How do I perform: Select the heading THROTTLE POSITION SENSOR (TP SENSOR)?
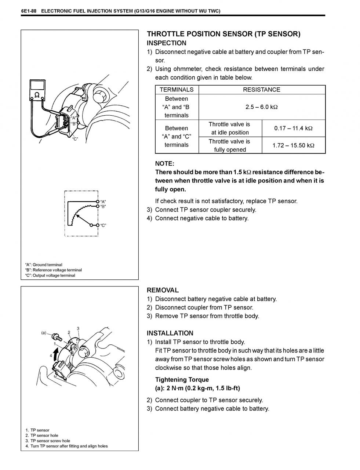coord(223,34)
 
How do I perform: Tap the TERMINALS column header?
coord(177,90)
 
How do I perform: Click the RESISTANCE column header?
coord(261,90)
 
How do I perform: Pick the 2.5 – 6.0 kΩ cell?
coord(261,107)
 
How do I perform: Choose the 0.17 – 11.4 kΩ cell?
coord(293,128)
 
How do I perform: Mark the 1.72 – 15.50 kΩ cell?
coord(293,145)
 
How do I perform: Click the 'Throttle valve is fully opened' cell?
coord(230,145)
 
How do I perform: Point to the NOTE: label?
coord(164,163)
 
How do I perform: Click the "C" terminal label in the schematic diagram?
coord(103,225)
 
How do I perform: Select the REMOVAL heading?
coord(163,290)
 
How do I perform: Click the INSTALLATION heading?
coord(170,333)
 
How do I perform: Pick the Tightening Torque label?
coord(182,380)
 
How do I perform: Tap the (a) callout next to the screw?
coord(44,333)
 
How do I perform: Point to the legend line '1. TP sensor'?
coord(37,430)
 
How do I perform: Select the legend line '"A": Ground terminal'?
coord(44,265)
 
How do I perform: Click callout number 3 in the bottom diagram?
coord(78,328)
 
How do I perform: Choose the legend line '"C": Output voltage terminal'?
coord(50,275)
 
